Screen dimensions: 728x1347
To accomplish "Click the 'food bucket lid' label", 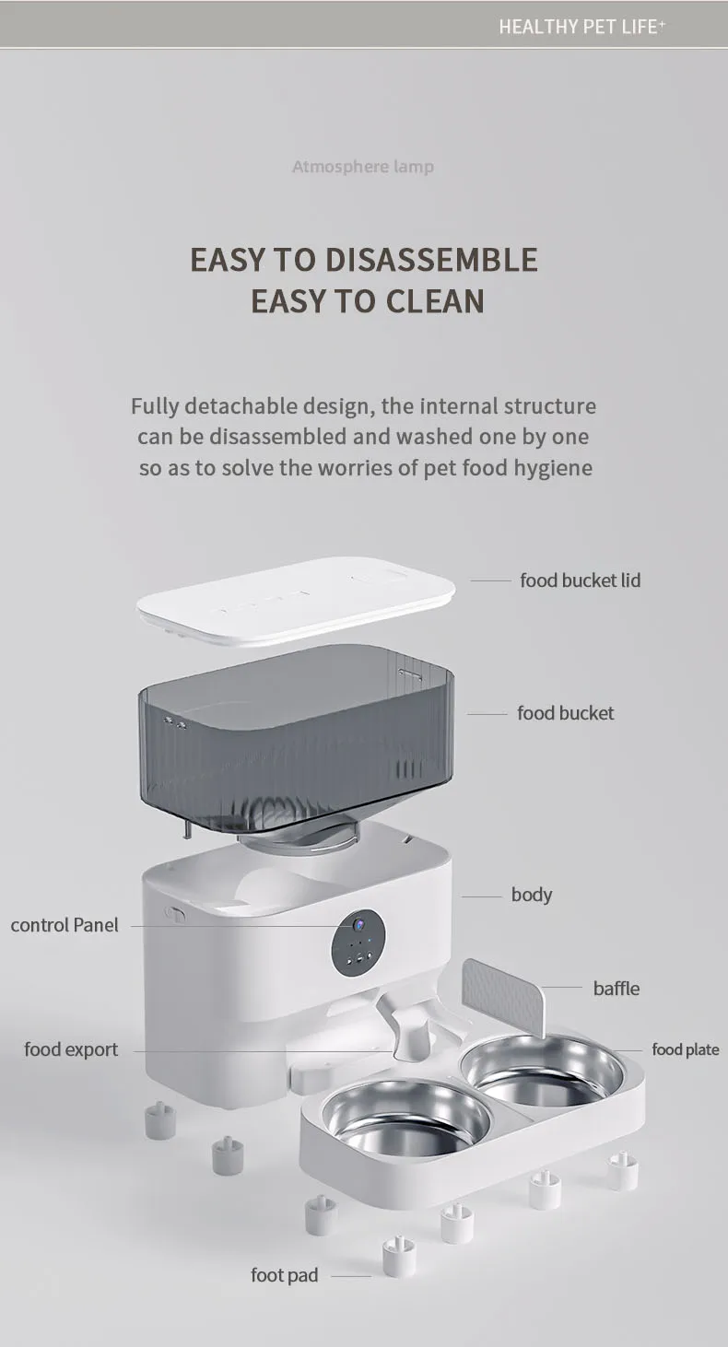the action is (x=580, y=580).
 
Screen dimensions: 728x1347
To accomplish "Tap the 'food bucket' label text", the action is (x=566, y=713).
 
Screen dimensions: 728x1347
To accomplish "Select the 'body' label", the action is (x=532, y=895).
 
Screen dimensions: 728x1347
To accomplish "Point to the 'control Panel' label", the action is (x=65, y=925).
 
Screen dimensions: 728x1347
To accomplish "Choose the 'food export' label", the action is (x=71, y=1049).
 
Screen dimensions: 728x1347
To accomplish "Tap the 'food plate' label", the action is (x=686, y=1049).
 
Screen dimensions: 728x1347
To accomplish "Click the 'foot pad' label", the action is (x=284, y=1275).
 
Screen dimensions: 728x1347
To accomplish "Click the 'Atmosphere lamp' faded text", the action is (x=363, y=167).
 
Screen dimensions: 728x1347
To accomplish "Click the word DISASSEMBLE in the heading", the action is (x=431, y=259).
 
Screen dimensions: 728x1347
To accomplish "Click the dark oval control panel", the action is (x=358, y=943).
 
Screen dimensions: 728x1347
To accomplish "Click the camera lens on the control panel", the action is (x=358, y=922).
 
